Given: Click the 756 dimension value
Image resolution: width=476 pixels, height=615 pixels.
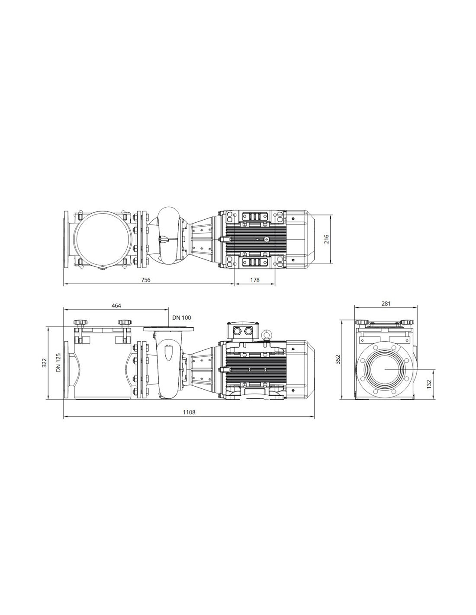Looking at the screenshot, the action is [145, 280].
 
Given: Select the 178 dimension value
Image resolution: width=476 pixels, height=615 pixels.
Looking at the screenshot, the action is [255, 280].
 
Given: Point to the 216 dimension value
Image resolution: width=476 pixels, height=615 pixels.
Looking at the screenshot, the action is [326, 239].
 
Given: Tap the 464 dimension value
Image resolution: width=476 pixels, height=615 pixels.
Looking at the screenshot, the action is [116, 305].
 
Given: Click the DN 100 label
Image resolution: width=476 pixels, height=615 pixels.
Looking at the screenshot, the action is [181, 317].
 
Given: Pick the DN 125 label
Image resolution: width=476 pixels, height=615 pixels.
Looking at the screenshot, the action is [58, 362].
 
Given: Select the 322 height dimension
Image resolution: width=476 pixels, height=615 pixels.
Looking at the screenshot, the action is [44, 362].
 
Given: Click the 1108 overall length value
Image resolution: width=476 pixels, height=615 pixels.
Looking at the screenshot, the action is [189, 412].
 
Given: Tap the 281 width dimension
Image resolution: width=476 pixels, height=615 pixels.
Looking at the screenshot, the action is [386, 304].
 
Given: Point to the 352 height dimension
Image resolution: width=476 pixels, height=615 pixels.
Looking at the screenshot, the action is [338, 359].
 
